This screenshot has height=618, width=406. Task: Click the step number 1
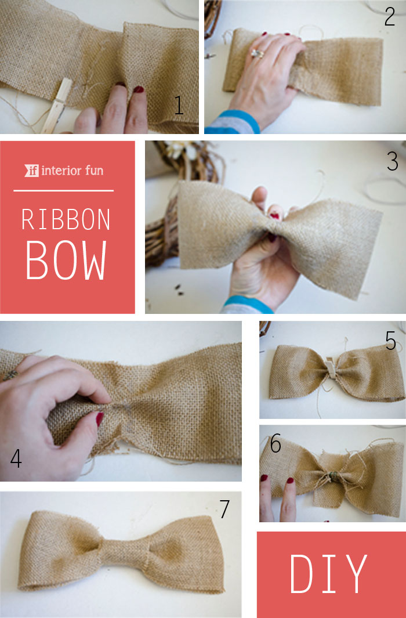[x=179, y=105]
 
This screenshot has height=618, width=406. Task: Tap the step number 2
[x=389, y=17]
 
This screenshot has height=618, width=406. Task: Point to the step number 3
[x=392, y=161]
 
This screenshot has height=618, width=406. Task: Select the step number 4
[x=16, y=458]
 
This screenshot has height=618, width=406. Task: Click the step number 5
[x=390, y=341]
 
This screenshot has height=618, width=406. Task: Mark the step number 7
[x=224, y=509]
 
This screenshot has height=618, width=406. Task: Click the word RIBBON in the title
[x=66, y=219]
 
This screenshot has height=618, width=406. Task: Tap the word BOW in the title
[x=66, y=260]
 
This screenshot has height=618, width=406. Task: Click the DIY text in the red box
[x=328, y=574]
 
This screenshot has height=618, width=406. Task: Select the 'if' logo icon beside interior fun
[x=31, y=170]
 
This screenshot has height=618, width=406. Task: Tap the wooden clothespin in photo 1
[x=56, y=106]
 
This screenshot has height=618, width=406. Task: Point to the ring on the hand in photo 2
[x=257, y=53]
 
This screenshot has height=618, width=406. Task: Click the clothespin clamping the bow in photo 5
[x=330, y=369]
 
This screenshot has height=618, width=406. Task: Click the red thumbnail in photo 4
[x=99, y=418]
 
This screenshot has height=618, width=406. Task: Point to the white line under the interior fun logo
[x=63, y=191]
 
